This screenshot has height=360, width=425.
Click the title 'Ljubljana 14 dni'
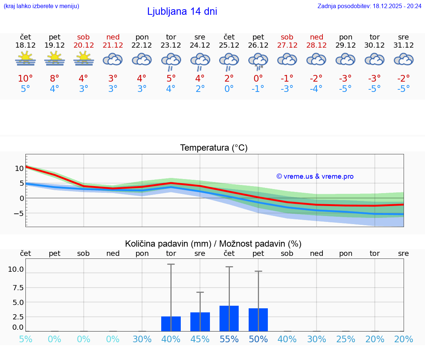click(182, 11)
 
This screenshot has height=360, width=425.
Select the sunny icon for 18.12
click(25, 58)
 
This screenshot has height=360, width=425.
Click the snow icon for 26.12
click(258, 61)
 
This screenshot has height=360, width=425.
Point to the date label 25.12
click(229, 45)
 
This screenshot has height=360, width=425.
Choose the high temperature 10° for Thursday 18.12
click(25, 78)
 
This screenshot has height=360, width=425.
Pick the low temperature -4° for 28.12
click(316, 89)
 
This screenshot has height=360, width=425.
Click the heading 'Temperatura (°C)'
click(214, 148)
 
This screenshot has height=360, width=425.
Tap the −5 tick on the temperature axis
click(19, 213)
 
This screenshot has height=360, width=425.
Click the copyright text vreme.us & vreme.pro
click(315, 176)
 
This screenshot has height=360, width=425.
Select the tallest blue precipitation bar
click(229, 318)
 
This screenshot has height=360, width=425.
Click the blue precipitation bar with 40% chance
click(171, 324)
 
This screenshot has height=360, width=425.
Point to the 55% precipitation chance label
click(229, 339)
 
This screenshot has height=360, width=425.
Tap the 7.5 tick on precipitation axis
click(16, 288)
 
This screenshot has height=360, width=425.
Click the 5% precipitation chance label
click(25, 339)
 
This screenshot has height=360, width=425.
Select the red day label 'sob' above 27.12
click(287, 37)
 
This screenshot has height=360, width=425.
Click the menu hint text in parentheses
click(41, 6)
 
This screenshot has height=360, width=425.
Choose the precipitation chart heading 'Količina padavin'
click(213, 244)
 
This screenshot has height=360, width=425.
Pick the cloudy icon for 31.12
click(404, 59)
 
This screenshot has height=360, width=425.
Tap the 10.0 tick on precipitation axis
click(16, 270)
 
